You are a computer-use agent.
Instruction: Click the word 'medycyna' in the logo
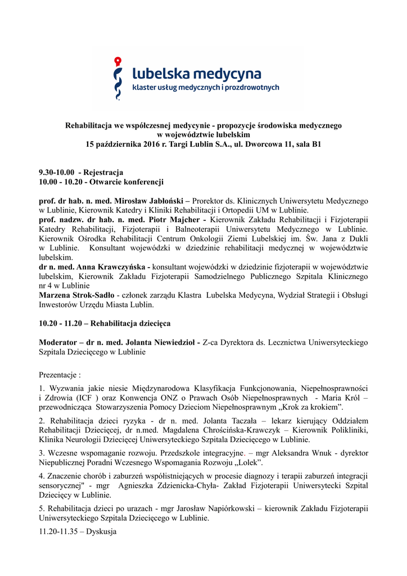[x=229, y=73]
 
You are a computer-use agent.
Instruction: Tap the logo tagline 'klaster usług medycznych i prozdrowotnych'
[x=205, y=88]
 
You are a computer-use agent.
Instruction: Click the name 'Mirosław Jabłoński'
[x=149, y=200]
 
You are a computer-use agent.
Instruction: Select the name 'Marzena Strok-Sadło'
[x=76, y=295]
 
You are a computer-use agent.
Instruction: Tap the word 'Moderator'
[x=59, y=342]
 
